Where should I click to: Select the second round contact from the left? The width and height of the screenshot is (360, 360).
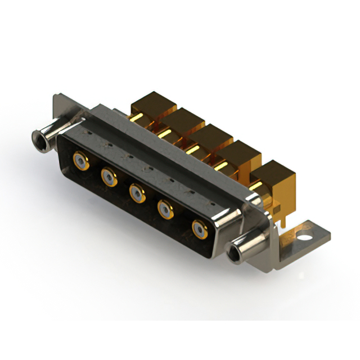coord(109,178)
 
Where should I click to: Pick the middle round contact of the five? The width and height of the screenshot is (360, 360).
coord(137,193)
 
